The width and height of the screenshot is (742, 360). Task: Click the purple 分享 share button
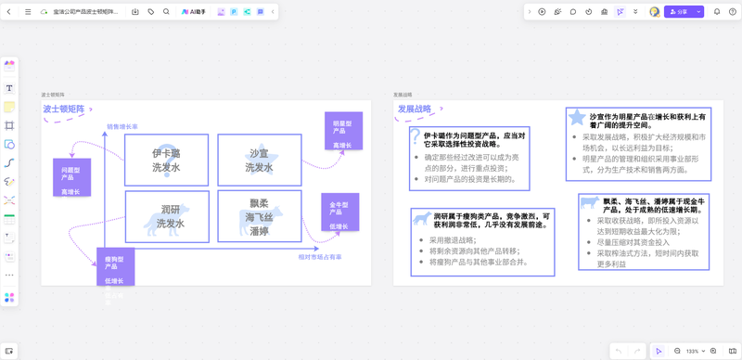pos(680,12)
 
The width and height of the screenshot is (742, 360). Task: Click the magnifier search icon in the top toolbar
pos(166,12)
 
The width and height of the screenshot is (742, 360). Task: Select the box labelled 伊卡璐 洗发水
pos(167,160)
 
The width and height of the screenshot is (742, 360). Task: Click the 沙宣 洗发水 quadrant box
pos(259,160)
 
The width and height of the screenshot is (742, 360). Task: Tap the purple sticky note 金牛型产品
pos(339,213)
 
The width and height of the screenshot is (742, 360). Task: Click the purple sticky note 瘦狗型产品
pos(115,268)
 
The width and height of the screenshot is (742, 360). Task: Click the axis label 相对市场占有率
pos(319,256)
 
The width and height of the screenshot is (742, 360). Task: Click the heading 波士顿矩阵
pos(64,109)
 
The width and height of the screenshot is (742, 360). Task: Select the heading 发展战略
pos(415,109)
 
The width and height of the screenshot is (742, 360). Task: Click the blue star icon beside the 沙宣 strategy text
pos(577,117)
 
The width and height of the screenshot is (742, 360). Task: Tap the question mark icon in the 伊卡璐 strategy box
pos(415,136)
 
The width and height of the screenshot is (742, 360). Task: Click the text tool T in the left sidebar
pos(9,88)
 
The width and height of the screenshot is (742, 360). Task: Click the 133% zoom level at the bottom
pos(692,352)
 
